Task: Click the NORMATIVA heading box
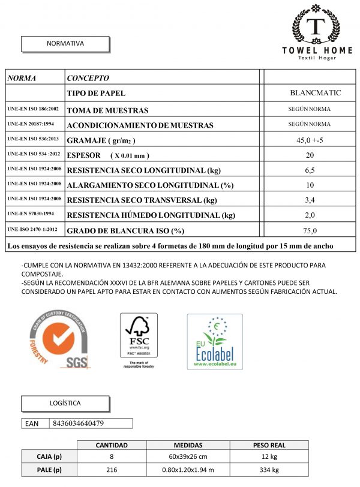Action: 65,44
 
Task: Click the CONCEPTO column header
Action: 88,78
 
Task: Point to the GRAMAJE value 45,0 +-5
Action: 310,140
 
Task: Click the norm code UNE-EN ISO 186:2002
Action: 34,110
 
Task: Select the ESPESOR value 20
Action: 310,155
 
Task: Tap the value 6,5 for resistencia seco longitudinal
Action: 310,170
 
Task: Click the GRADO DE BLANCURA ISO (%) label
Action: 125,231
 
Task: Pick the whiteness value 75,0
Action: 310,230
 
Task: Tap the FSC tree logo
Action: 139,339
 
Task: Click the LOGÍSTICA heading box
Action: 65,403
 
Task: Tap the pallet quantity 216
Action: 112,470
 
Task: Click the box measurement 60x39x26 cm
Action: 188,458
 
